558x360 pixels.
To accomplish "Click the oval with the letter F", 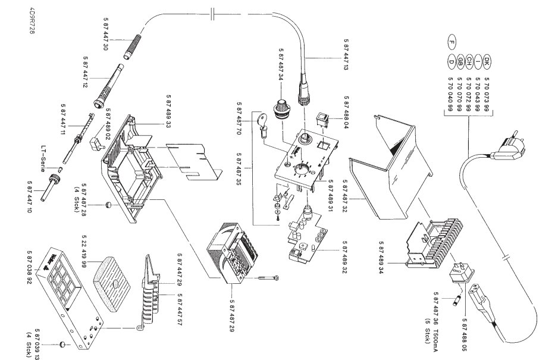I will pos(452,42).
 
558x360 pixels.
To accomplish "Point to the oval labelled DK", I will pos(486,60).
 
